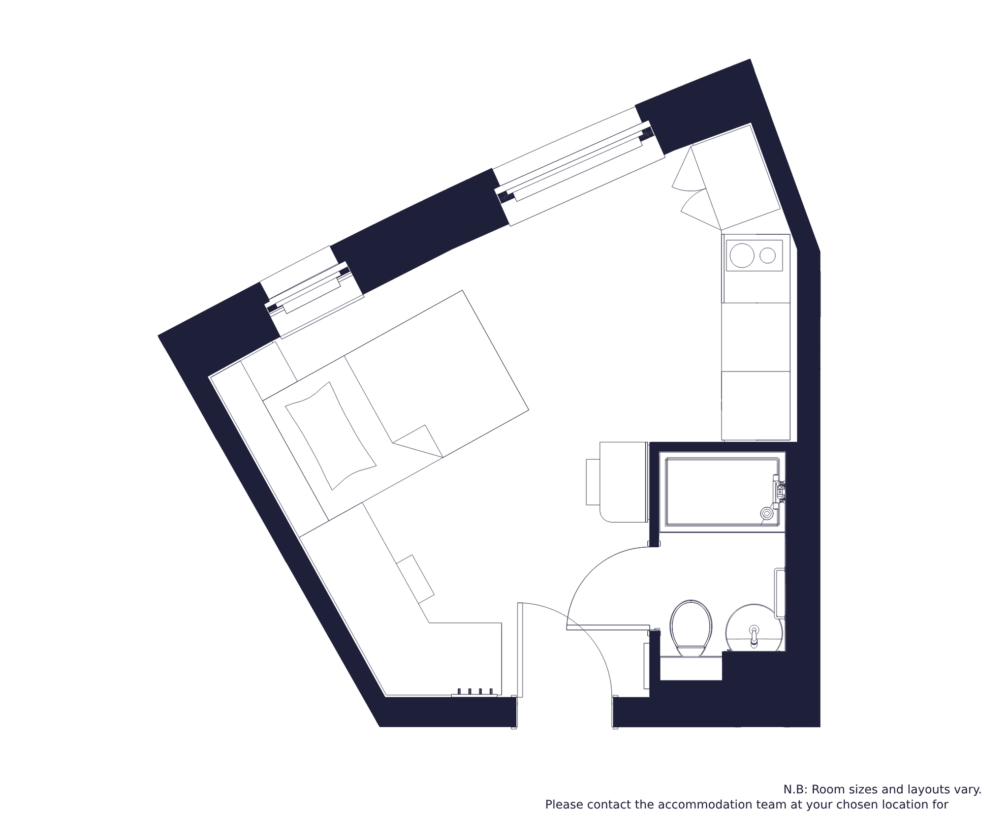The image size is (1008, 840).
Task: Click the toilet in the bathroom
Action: [691, 628]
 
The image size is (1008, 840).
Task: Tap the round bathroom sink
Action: [754, 628]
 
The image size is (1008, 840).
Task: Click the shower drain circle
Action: [766, 513]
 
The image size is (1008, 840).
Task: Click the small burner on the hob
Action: [767, 255]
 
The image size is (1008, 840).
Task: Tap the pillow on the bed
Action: [331, 436]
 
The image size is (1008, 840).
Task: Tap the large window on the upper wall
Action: [578, 166]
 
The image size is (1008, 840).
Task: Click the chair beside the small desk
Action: [593, 482]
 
